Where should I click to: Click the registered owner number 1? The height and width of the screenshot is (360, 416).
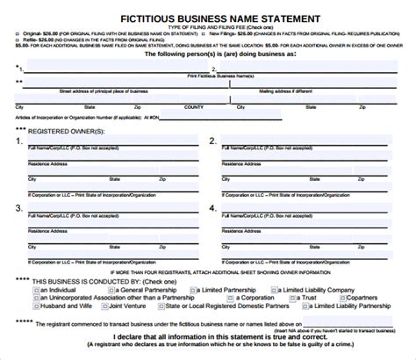18,140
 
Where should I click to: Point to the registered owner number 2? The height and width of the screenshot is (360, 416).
212,140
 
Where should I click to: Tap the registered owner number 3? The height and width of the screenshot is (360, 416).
18,208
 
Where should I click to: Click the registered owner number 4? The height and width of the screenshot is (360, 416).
212,208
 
